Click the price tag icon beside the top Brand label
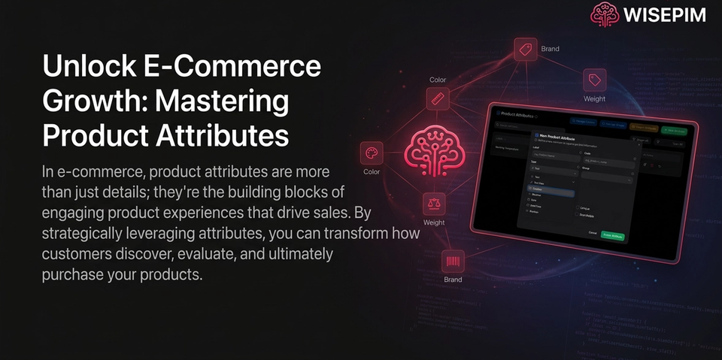coord(525,50)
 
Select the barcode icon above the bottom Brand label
coord(453,261)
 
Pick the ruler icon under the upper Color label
coord(438,98)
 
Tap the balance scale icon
coord(434,203)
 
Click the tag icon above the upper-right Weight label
coord(595,80)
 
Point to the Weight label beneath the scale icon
coord(434,223)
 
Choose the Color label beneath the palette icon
coord(372,172)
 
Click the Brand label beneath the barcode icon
coord(453,280)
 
